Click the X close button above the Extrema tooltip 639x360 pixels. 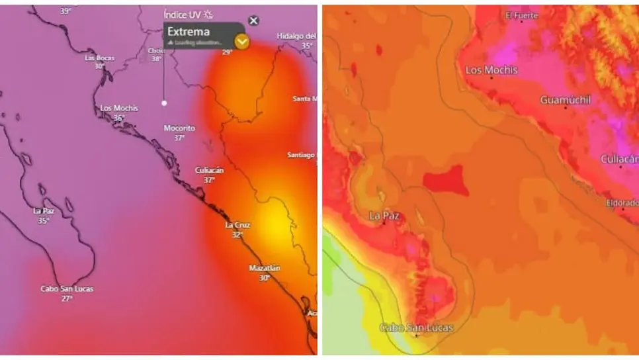(x=253, y=21)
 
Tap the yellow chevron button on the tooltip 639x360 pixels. (x=243, y=42)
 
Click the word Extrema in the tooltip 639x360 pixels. (x=189, y=31)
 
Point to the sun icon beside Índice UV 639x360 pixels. (x=209, y=14)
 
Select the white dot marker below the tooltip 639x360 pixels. (x=164, y=103)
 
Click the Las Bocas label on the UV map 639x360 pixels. (x=99, y=58)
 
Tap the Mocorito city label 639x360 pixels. (x=179, y=128)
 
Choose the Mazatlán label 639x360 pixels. (x=265, y=268)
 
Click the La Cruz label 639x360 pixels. (x=238, y=225)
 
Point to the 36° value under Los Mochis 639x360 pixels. (x=119, y=118)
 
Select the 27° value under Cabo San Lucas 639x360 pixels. (x=67, y=298)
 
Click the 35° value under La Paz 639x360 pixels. (x=43, y=220)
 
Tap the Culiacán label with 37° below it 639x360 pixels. (x=209, y=170)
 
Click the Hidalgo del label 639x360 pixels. (x=296, y=36)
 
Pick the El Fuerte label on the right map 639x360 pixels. (x=521, y=15)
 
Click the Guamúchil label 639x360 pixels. (x=566, y=100)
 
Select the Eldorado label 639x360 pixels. (x=622, y=202)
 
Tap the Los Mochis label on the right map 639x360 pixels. (x=491, y=70)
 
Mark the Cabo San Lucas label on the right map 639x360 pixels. (x=417, y=328)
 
